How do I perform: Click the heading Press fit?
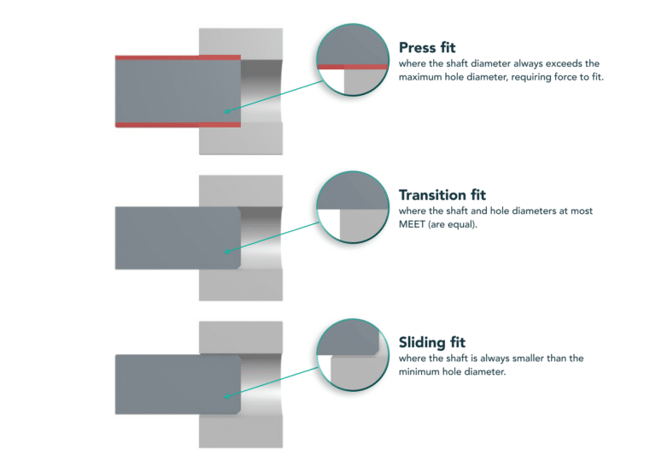[x=431, y=48]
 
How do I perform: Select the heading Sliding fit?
[x=432, y=342]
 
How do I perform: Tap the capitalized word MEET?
[x=414, y=224]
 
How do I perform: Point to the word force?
[x=553, y=78]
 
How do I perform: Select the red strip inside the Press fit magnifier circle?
[x=350, y=66]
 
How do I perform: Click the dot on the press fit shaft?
[x=225, y=111]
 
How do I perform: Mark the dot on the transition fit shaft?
[x=225, y=252]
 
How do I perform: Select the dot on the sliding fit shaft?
[x=225, y=396]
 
